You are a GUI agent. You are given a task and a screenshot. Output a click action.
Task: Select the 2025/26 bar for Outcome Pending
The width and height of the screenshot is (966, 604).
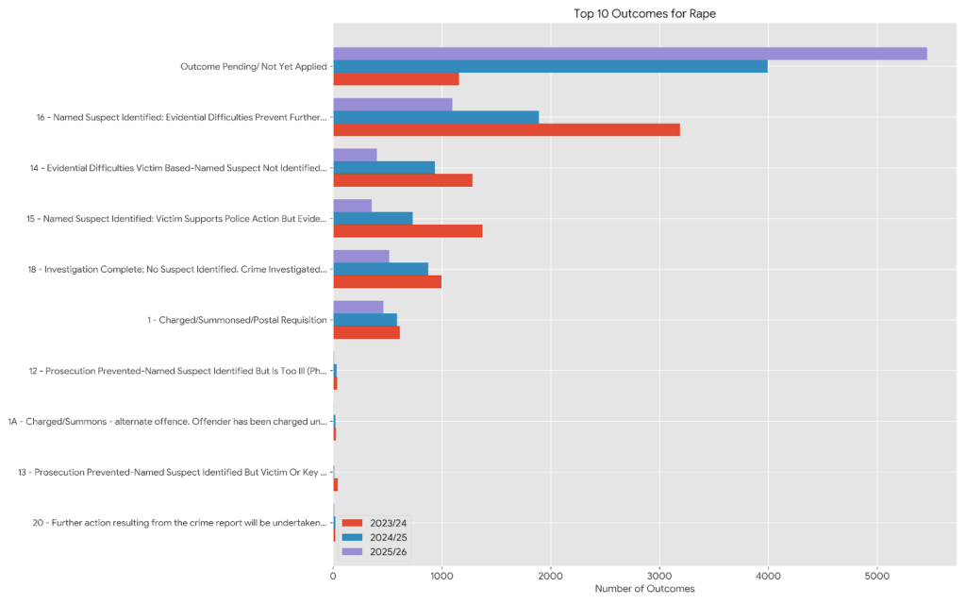pyautogui.click(x=629, y=54)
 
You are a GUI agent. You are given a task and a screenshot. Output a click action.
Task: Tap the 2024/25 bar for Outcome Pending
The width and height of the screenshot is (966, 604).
pyautogui.click(x=550, y=66)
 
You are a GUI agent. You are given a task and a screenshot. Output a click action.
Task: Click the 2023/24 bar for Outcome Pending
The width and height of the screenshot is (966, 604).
pyautogui.click(x=396, y=79)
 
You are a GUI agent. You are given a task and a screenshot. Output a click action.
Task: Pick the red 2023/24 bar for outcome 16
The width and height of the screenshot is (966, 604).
pyautogui.click(x=507, y=129)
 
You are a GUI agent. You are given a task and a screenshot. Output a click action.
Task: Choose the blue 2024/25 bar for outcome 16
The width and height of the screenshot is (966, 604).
pyautogui.click(x=436, y=117)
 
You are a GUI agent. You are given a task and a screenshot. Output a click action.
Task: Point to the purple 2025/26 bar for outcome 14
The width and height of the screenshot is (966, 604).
pyautogui.click(x=355, y=155)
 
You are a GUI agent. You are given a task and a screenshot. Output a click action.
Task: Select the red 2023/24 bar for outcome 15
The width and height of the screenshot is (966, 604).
pyautogui.click(x=408, y=231)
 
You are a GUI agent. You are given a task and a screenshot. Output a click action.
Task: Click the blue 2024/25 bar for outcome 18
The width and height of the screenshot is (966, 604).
pyautogui.click(x=380, y=269)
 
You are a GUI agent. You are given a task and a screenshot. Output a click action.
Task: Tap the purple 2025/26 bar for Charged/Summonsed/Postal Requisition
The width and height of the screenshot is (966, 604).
pyautogui.click(x=358, y=307)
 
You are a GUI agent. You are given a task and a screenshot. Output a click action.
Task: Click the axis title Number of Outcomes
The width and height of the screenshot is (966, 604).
pyautogui.click(x=644, y=589)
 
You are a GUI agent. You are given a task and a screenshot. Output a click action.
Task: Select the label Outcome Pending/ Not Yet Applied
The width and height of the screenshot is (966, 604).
pyautogui.click(x=253, y=67)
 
